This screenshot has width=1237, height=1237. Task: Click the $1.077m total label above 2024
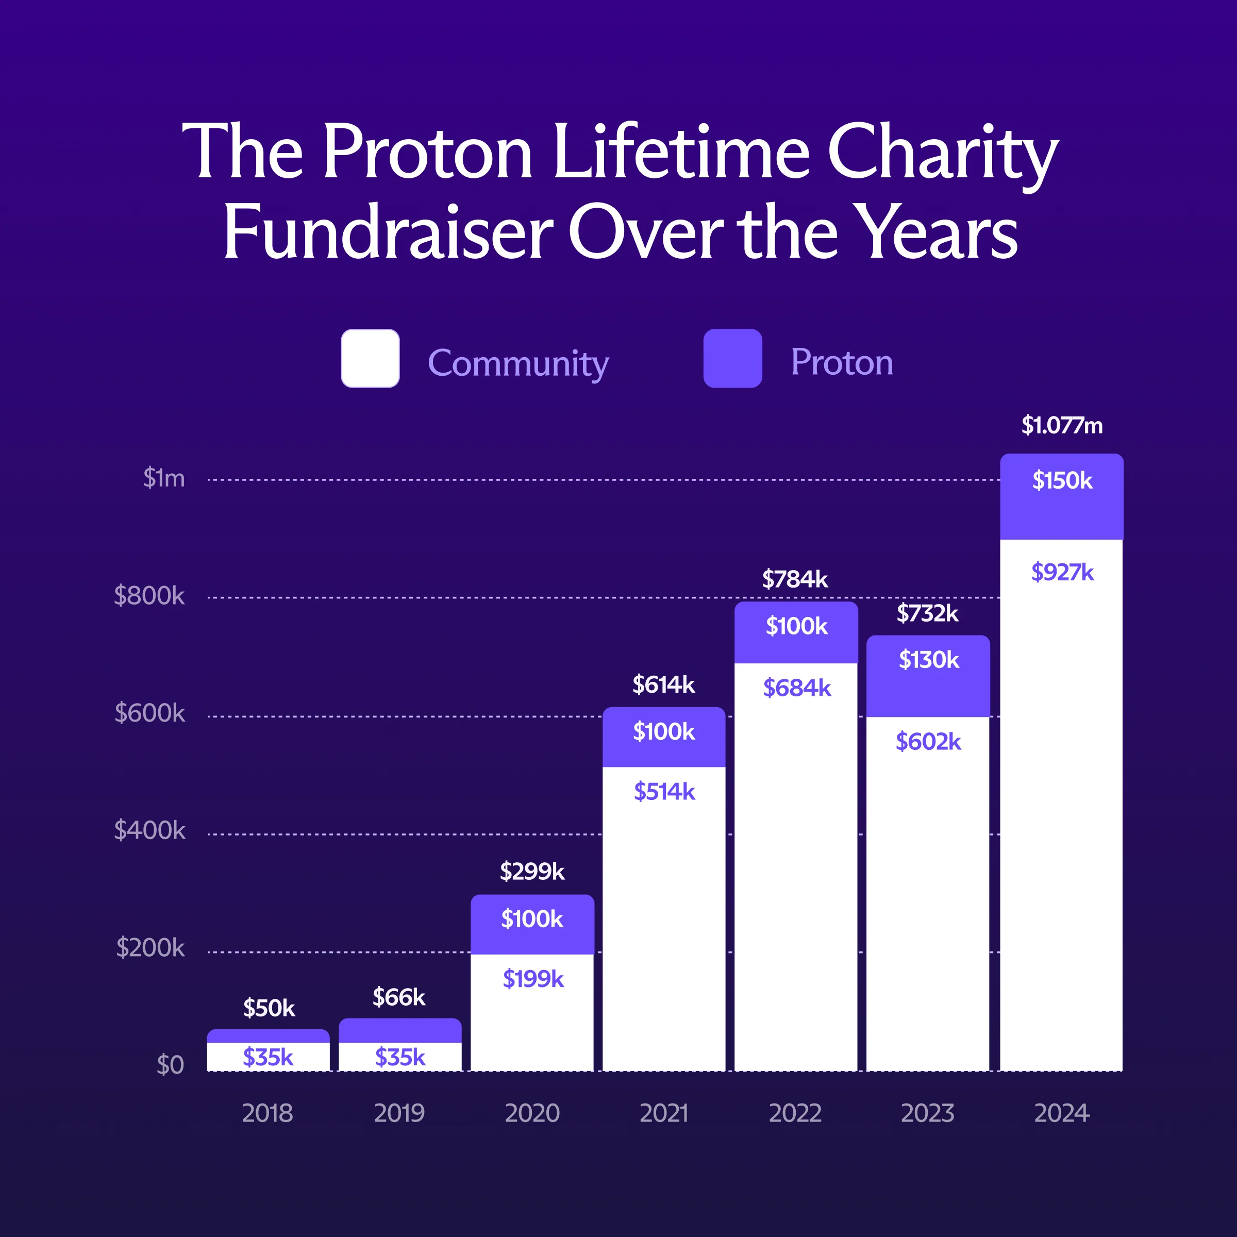pyautogui.click(x=1062, y=425)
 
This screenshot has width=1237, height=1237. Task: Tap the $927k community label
pyautogui.click(x=1062, y=572)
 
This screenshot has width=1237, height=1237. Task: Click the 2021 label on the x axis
pyautogui.click(x=664, y=1113)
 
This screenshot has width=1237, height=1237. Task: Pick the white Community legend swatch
pyautogui.click(x=370, y=359)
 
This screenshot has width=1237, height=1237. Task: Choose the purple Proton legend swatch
pyautogui.click(x=732, y=359)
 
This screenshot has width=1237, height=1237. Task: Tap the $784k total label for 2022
pyautogui.click(x=795, y=579)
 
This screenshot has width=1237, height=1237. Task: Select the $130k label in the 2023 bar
pyautogui.click(x=928, y=660)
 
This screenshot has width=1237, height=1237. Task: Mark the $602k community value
pyautogui.click(x=928, y=742)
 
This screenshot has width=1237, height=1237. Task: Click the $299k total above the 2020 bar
pyautogui.click(x=532, y=872)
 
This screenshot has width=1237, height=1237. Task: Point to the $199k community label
pyautogui.click(x=533, y=978)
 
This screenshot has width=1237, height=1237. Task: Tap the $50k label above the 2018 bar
pyautogui.click(x=269, y=1009)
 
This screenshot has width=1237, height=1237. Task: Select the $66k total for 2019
pyautogui.click(x=399, y=997)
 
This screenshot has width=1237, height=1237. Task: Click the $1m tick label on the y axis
pyautogui.click(x=164, y=478)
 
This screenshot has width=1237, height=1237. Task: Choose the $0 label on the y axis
pyautogui.click(x=170, y=1065)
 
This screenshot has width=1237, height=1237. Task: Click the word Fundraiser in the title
pyautogui.click(x=388, y=232)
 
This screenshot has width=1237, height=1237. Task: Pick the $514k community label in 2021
pyautogui.click(x=664, y=792)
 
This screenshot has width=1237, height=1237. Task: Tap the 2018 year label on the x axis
pyautogui.click(x=268, y=1113)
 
